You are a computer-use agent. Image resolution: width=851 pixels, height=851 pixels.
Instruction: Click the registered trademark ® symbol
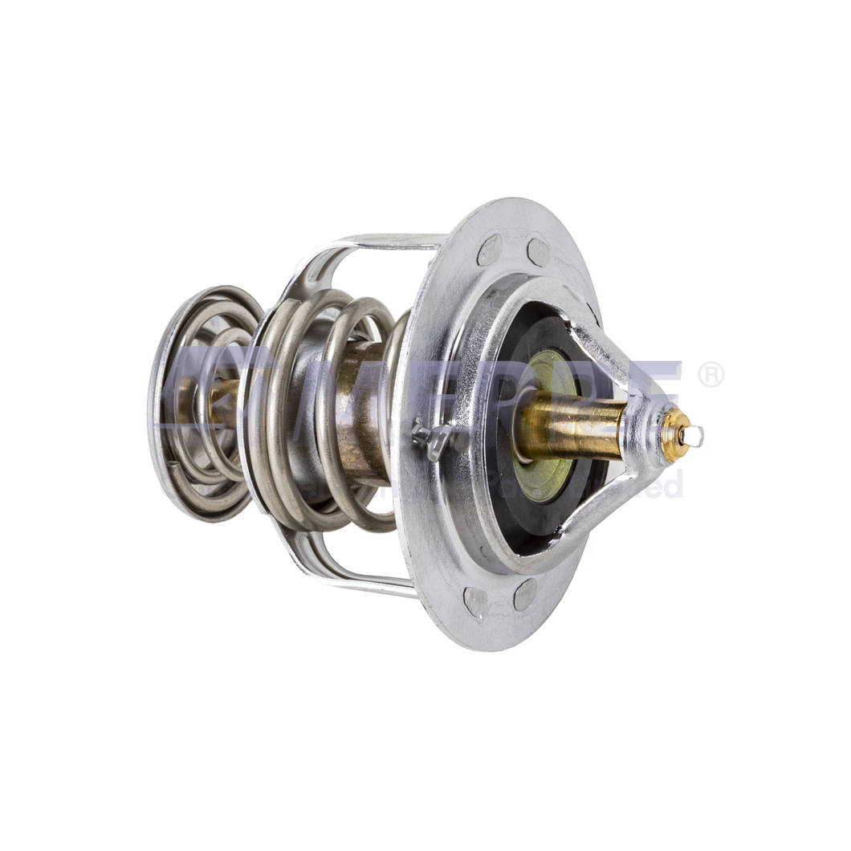[711, 374]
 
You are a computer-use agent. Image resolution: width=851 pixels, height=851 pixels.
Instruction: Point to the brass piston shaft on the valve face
[571, 426]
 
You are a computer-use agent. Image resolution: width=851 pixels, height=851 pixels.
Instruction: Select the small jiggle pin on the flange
[431, 437]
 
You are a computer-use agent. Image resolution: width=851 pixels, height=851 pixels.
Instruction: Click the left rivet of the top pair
[489, 250]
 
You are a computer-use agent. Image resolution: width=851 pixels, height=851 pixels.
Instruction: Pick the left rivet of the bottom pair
[475, 601]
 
